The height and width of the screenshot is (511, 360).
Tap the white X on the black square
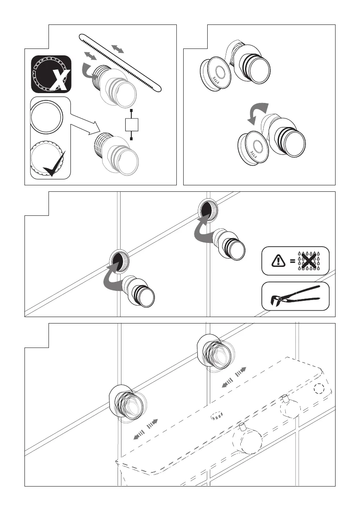point(60,82)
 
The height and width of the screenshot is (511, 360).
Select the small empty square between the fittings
point(131,125)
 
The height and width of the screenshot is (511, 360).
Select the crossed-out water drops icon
point(307,260)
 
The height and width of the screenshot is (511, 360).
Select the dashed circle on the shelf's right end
point(318,389)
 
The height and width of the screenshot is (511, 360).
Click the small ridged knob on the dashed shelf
point(217,415)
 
